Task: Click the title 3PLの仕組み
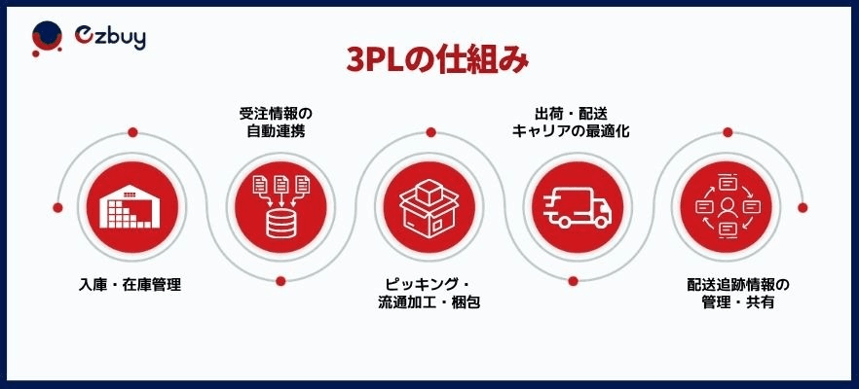[437, 61]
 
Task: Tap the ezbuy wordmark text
[110, 37]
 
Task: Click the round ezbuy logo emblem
[47, 38]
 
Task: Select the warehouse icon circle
[132, 207]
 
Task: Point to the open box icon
[429, 208]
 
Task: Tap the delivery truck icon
[577, 208]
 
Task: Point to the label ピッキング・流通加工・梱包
[429, 294]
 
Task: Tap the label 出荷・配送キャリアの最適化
[571, 122]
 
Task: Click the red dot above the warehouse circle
[132, 132]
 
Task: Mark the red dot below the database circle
[281, 281]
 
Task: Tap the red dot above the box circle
[430, 132]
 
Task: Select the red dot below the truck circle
[573, 281]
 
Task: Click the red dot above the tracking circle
[728, 132]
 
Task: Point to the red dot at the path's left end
[57, 208]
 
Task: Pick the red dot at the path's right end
[803, 208]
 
